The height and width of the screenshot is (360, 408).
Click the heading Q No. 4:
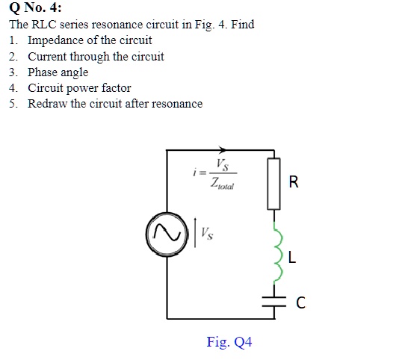35,8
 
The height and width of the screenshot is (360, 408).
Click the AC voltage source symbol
166,233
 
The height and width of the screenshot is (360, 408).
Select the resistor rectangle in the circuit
273,181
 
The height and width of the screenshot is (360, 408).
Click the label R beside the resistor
293,181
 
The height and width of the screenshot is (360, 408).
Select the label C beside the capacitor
300,302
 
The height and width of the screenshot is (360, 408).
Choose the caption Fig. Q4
229,342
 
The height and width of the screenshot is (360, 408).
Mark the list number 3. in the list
14,72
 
